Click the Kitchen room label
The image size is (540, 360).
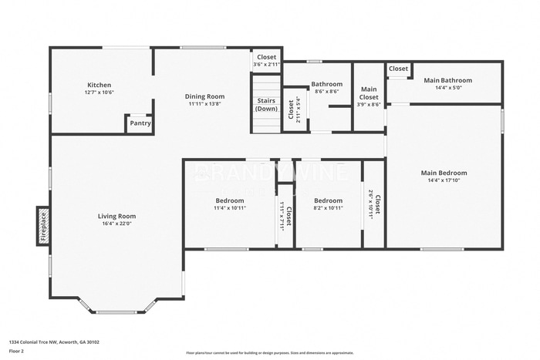coord(99,85)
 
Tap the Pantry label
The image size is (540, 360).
coord(140,123)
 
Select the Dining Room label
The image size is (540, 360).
coord(204,96)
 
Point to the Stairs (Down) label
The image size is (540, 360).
coord(266,104)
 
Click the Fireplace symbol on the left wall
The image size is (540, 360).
coord(44,226)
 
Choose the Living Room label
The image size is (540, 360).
coord(116,216)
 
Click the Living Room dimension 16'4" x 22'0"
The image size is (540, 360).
coord(116,224)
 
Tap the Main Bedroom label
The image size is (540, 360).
coord(444,173)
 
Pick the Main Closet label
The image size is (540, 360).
coord(369,93)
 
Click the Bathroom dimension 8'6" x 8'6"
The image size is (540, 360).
coord(326,92)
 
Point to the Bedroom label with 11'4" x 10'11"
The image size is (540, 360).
coord(230,200)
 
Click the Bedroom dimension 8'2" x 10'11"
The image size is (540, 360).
coord(328,208)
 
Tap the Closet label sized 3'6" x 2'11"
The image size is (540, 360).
coord(266,57)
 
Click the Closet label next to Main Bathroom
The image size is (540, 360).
coord(398,69)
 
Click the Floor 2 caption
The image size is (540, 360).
coord(16,351)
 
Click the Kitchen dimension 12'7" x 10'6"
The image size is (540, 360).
coord(99,93)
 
